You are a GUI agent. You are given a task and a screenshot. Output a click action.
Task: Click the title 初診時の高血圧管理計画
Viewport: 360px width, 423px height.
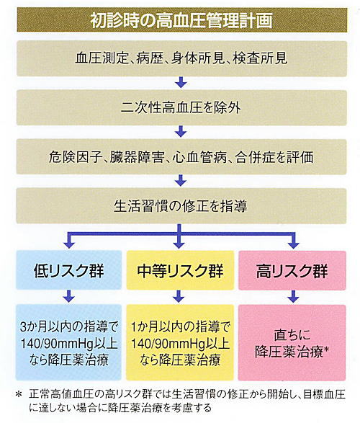[x=181, y=20]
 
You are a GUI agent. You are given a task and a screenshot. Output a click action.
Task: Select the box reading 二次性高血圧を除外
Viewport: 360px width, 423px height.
[x=181, y=107]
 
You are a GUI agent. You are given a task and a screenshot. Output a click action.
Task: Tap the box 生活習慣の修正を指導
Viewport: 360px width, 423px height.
[x=181, y=206]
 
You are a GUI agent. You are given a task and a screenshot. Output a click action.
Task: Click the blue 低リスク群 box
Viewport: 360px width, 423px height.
[x=68, y=270]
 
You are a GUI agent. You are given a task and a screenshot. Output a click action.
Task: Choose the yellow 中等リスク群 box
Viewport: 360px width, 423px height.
[x=180, y=270]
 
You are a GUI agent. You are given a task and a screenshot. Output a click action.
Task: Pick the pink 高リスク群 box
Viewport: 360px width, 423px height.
[x=292, y=270]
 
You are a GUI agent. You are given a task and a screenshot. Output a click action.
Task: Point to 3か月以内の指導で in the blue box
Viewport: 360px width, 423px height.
[x=69, y=327]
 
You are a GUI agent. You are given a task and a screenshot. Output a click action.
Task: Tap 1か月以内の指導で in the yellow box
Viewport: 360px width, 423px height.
[x=180, y=327]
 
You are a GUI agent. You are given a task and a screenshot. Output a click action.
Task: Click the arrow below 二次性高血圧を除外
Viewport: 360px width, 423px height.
[x=181, y=131]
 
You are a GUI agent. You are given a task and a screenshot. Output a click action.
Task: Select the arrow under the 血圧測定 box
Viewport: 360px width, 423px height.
[x=181, y=82]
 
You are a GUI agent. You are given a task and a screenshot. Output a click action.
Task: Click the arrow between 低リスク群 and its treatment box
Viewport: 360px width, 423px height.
[x=69, y=296]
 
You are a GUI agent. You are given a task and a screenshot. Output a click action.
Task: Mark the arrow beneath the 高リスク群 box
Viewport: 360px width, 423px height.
[x=293, y=296]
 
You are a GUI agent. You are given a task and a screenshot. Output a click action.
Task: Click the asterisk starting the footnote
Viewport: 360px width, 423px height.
[x=18, y=395]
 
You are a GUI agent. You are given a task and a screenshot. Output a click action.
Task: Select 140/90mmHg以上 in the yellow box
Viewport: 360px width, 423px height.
[x=180, y=344]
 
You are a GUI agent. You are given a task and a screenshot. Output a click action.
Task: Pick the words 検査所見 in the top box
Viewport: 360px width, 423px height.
[x=260, y=58]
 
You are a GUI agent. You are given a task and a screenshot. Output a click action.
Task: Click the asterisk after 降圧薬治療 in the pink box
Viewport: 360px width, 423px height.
[x=326, y=349]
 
